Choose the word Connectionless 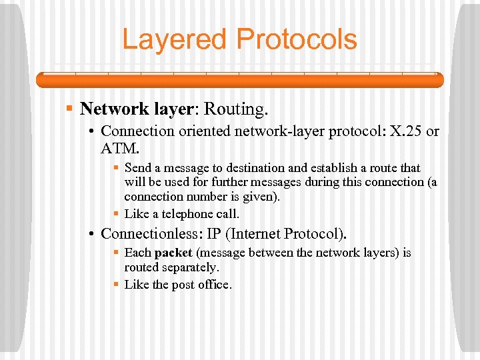click(x=149, y=234)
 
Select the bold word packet click(x=174, y=253)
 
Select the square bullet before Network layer click(x=69, y=109)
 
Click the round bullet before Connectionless click(x=92, y=234)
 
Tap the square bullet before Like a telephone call click(x=116, y=214)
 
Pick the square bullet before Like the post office click(x=116, y=285)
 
